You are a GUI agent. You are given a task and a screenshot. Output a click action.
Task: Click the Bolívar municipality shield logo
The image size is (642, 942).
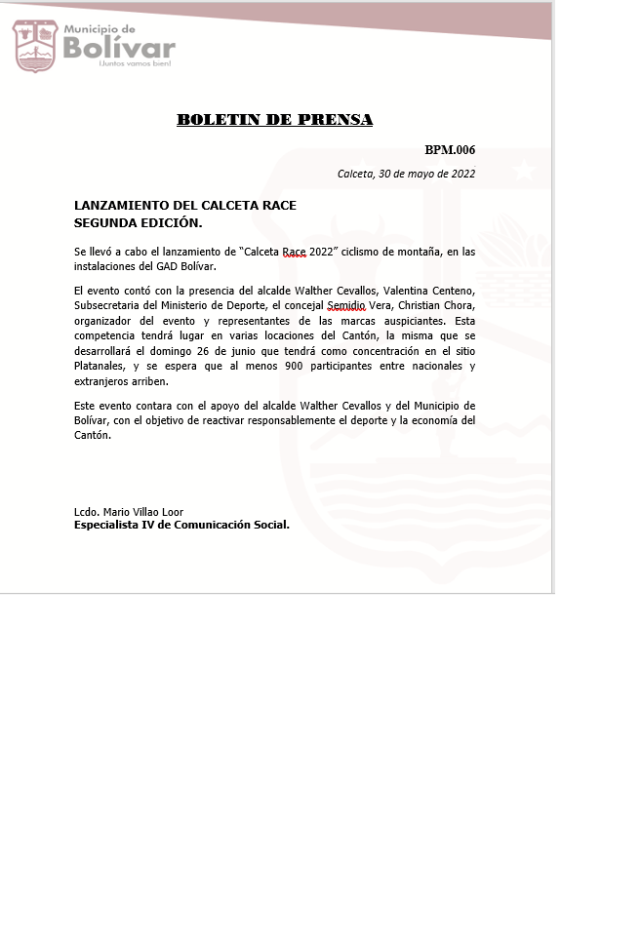click(x=35, y=46)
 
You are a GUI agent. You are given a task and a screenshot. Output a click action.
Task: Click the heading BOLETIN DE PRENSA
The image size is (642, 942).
click(x=274, y=120)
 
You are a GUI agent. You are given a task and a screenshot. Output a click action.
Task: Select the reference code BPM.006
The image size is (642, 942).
click(x=450, y=150)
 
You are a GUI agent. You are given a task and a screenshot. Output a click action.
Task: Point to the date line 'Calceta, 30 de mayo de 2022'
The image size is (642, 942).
click(x=406, y=174)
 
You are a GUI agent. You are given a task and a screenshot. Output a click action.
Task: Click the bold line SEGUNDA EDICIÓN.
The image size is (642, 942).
click(x=138, y=222)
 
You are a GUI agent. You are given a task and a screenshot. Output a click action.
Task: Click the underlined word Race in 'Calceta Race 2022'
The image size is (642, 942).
click(x=294, y=252)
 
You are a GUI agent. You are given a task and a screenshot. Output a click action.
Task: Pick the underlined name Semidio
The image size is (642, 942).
click(x=346, y=305)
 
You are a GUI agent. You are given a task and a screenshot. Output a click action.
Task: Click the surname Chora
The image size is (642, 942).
click(x=458, y=305)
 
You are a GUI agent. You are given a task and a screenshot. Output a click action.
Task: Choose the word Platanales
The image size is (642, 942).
click(x=100, y=367)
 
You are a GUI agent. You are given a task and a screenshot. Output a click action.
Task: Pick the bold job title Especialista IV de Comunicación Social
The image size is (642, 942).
click(x=181, y=525)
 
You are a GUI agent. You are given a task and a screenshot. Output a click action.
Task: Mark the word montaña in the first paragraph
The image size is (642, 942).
click(x=416, y=252)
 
